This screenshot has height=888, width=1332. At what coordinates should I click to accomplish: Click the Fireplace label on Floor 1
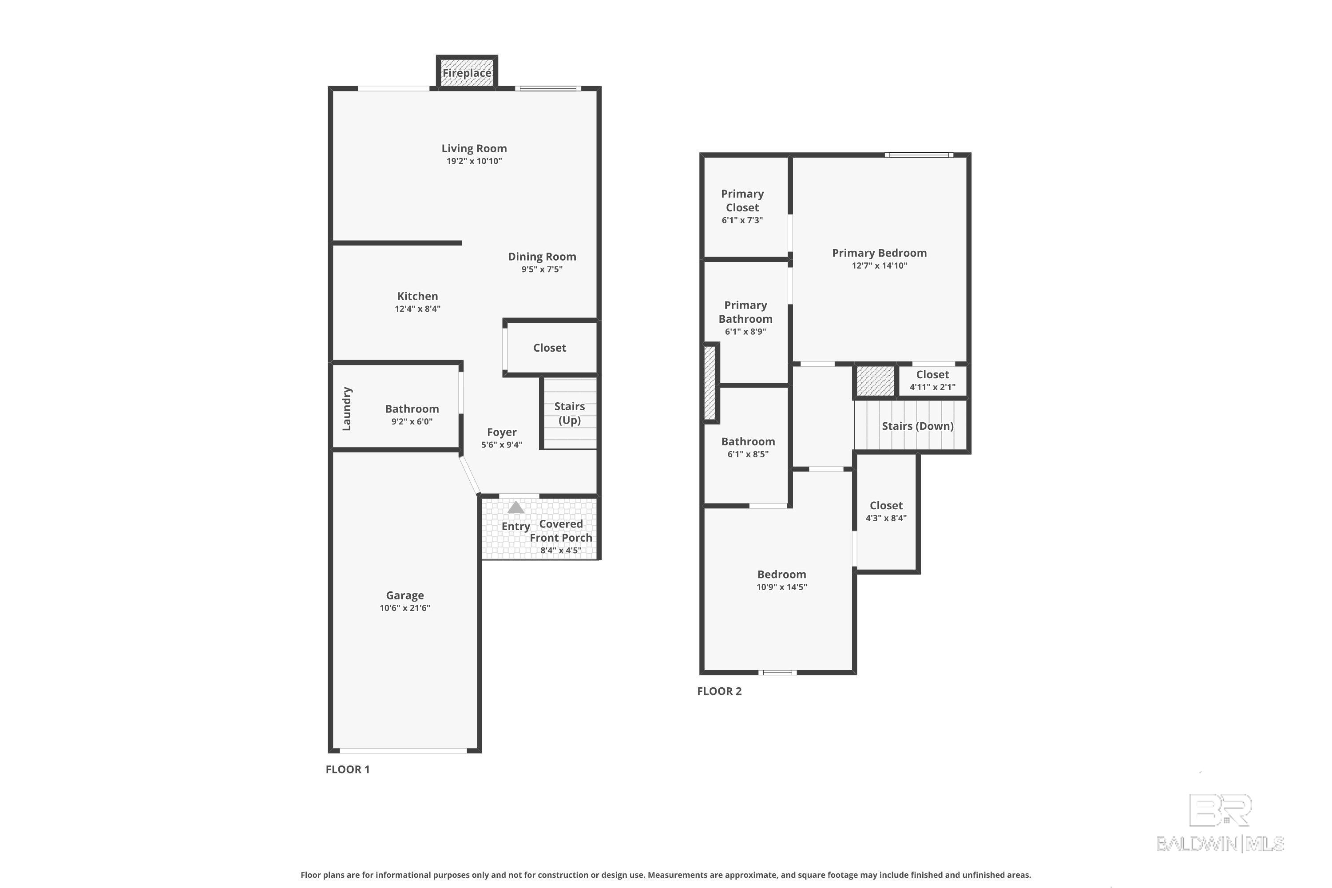point(467,73)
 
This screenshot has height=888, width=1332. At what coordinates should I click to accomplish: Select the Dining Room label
point(542,257)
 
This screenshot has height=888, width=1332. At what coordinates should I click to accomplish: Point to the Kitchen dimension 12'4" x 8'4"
point(417,309)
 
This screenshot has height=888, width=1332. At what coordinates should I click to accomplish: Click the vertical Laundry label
point(347,409)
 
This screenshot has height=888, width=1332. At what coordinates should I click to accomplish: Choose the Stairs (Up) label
point(569,413)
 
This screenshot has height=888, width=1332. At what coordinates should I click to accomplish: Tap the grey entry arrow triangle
point(515,507)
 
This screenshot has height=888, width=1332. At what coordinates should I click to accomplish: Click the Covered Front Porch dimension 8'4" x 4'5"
point(561,551)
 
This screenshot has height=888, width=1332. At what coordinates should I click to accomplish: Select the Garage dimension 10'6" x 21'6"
point(405,608)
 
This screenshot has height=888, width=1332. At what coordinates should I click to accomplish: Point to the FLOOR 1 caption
point(348,769)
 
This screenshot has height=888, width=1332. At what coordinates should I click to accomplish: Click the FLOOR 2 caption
point(719,691)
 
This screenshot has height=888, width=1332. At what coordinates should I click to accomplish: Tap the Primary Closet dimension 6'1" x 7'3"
point(742,220)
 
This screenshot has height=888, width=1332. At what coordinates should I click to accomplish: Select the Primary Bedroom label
point(879,253)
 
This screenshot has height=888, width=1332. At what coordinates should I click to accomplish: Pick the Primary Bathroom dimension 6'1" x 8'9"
point(745,332)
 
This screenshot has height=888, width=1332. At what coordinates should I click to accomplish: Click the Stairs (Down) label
point(917,426)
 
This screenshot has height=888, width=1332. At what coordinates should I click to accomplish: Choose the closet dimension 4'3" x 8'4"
point(886,518)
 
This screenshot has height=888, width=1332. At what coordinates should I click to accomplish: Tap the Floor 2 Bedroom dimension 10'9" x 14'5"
point(781,587)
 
